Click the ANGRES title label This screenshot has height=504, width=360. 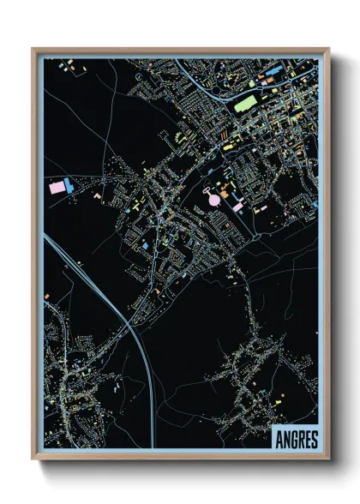coord(296,439)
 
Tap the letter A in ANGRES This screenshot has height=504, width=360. coord(279,439)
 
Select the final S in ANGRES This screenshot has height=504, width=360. coord(314,439)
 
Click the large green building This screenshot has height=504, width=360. coord(246,104)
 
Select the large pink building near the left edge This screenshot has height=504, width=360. coord(57,186)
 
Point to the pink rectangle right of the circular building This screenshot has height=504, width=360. coord(237,206)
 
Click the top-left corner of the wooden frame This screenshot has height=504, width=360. coord(33,49)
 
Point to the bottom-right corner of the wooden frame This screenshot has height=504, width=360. coord(328,459)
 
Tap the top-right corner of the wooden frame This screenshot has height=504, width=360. coord(328,49)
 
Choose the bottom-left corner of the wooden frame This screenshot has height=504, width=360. coord(33,459)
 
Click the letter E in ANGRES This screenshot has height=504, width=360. coord(307,439)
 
